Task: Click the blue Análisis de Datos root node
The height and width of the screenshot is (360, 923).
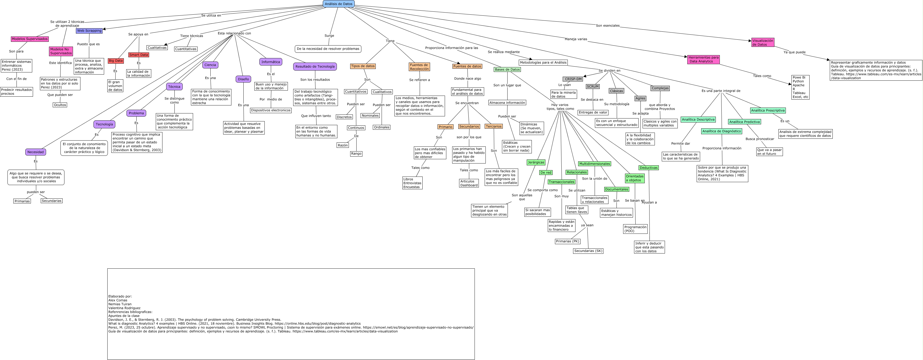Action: click(338, 4)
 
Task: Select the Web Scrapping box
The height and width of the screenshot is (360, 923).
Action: click(89, 31)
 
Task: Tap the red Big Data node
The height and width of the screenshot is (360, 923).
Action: click(115, 61)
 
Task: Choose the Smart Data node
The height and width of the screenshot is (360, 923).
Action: click(139, 55)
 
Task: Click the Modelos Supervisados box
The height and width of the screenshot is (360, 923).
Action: click(30, 39)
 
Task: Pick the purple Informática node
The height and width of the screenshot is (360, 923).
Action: click(271, 62)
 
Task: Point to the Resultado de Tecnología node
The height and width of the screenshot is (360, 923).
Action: click(315, 67)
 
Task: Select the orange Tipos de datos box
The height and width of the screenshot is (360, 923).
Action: click(363, 66)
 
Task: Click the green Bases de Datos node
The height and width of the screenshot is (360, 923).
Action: click(507, 69)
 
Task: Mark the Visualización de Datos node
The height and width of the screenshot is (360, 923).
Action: click(762, 43)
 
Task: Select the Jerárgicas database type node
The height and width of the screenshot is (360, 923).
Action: click(536, 162)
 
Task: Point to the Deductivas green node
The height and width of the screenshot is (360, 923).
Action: click(648, 168)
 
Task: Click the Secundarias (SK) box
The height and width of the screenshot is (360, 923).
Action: click(588, 251)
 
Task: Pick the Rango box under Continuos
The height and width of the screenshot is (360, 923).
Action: click(356, 154)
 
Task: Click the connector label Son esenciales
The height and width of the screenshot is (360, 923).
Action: click(607, 26)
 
